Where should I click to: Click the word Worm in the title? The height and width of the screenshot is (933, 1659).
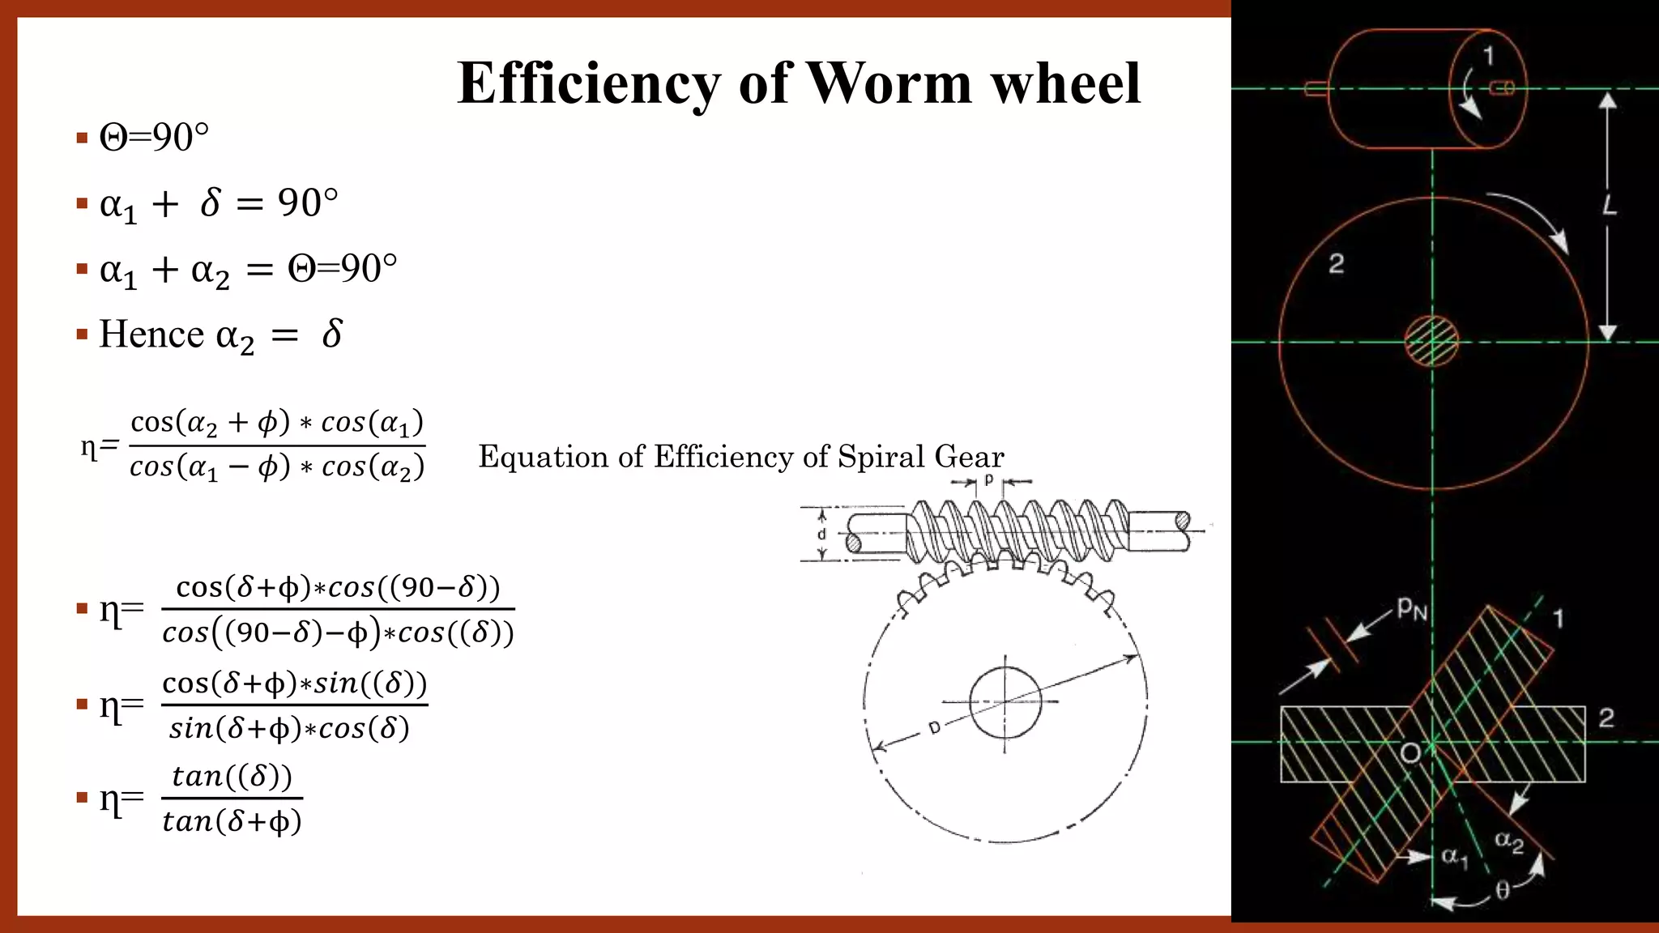pyautogui.click(x=889, y=83)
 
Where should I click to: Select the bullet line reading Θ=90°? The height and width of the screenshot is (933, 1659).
pyautogui.click(x=154, y=137)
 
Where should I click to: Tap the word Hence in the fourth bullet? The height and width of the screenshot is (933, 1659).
pyautogui.click(x=151, y=334)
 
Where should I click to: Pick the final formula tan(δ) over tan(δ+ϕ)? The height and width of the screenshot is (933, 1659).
pyautogui.click(x=232, y=799)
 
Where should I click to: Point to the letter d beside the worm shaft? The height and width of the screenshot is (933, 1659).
pyautogui.click(x=821, y=535)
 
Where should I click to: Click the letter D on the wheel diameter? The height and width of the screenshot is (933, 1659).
pyautogui.click(x=934, y=728)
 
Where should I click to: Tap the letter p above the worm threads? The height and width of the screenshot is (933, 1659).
pyautogui.click(x=988, y=479)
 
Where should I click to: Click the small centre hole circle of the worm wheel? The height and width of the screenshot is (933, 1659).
pyautogui.click(x=1005, y=702)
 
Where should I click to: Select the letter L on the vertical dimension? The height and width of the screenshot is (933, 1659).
pyautogui.click(x=1609, y=206)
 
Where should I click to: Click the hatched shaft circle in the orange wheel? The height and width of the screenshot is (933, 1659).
pyautogui.click(x=1431, y=342)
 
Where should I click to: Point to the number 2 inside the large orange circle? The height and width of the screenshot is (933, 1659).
pyautogui.click(x=1337, y=263)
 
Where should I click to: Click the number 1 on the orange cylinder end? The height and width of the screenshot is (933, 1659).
pyautogui.click(x=1488, y=56)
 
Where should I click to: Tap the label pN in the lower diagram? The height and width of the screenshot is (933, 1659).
pyautogui.click(x=1411, y=609)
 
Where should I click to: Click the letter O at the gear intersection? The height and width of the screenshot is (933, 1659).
pyautogui.click(x=1410, y=754)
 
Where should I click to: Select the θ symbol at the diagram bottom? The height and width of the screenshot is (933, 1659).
pyautogui.click(x=1503, y=891)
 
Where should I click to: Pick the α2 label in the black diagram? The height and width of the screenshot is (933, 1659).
pyautogui.click(x=1509, y=842)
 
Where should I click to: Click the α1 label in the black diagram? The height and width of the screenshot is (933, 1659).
pyautogui.click(x=1455, y=857)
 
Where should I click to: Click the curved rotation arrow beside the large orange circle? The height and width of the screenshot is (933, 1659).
pyautogui.click(x=1531, y=219)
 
